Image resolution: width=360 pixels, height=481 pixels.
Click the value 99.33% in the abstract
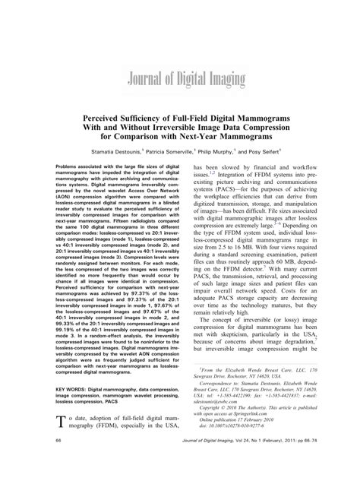(67, 322)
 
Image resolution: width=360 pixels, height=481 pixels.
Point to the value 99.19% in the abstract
(67, 330)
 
